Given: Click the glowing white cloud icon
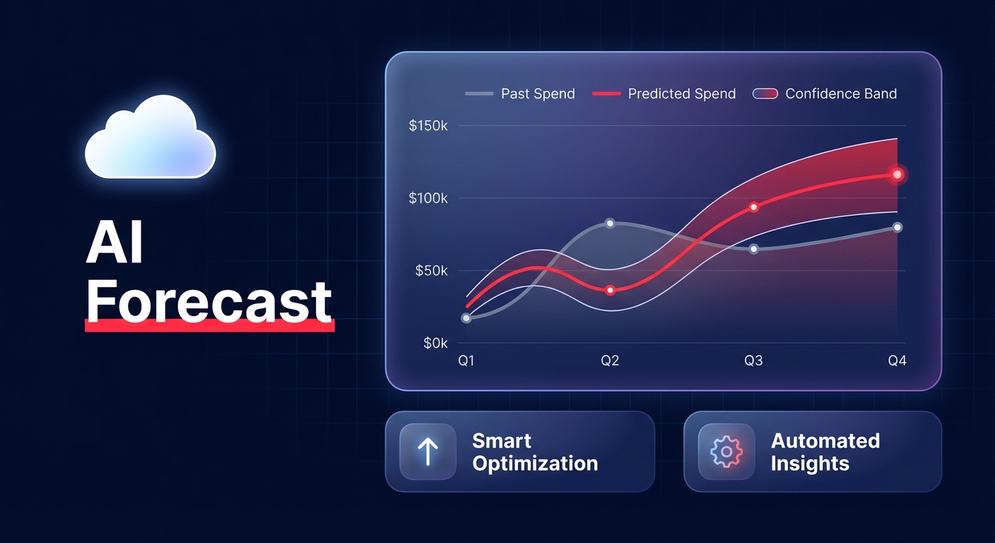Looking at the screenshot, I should pyautogui.click(x=150, y=138).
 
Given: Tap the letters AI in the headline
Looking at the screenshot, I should pyautogui.click(x=114, y=245).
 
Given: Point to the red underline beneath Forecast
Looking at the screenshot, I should pyautogui.click(x=209, y=325).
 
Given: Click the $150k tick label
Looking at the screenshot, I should pyautogui.click(x=428, y=126).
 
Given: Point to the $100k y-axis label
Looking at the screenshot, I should pyautogui.click(x=428, y=199).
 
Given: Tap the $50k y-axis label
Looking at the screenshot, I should pyautogui.click(x=431, y=271).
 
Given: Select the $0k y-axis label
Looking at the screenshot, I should pyautogui.click(x=435, y=343).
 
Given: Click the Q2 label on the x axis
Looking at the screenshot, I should pyautogui.click(x=610, y=361).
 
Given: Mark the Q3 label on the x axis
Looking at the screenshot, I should pyautogui.click(x=753, y=361).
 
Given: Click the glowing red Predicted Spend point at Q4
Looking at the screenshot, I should pyautogui.click(x=897, y=174).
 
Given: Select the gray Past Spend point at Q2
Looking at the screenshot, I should pyautogui.click(x=610, y=223).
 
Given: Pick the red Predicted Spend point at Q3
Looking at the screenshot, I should pyautogui.click(x=753, y=207).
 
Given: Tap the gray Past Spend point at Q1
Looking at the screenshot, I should pyautogui.click(x=466, y=318).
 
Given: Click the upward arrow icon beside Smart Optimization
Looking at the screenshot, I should pyautogui.click(x=428, y=452).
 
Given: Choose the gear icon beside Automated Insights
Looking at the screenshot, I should pyautogui.click(x=726, y=452).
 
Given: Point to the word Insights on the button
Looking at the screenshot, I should pyautogui.click(x=810, y=465).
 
